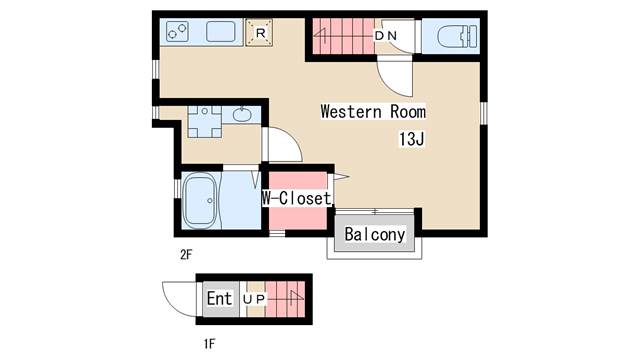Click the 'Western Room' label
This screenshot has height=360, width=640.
(373, 111)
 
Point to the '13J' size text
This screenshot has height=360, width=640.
(411, 139)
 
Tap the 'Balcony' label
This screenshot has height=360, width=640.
(375, 234)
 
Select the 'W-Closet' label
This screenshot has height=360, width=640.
(296, 198)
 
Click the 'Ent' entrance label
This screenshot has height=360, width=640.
(219, 298)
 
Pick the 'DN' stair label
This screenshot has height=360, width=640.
(386, 36)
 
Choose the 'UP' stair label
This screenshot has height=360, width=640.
(254, 299)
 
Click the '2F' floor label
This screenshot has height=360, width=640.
(186, 255)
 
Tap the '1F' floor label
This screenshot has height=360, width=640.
(209, 344)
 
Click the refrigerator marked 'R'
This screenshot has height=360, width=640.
(260, 33)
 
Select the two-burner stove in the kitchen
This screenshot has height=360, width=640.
(178, 32)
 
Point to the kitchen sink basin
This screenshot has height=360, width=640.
(221, 32)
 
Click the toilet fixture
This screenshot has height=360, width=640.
(457, 36)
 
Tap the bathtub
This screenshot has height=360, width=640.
(200, 201)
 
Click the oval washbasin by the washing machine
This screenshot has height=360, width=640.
(242, 115)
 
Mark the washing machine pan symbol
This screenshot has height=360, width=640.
(204, 122)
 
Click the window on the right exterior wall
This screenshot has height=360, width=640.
(484, 113)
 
